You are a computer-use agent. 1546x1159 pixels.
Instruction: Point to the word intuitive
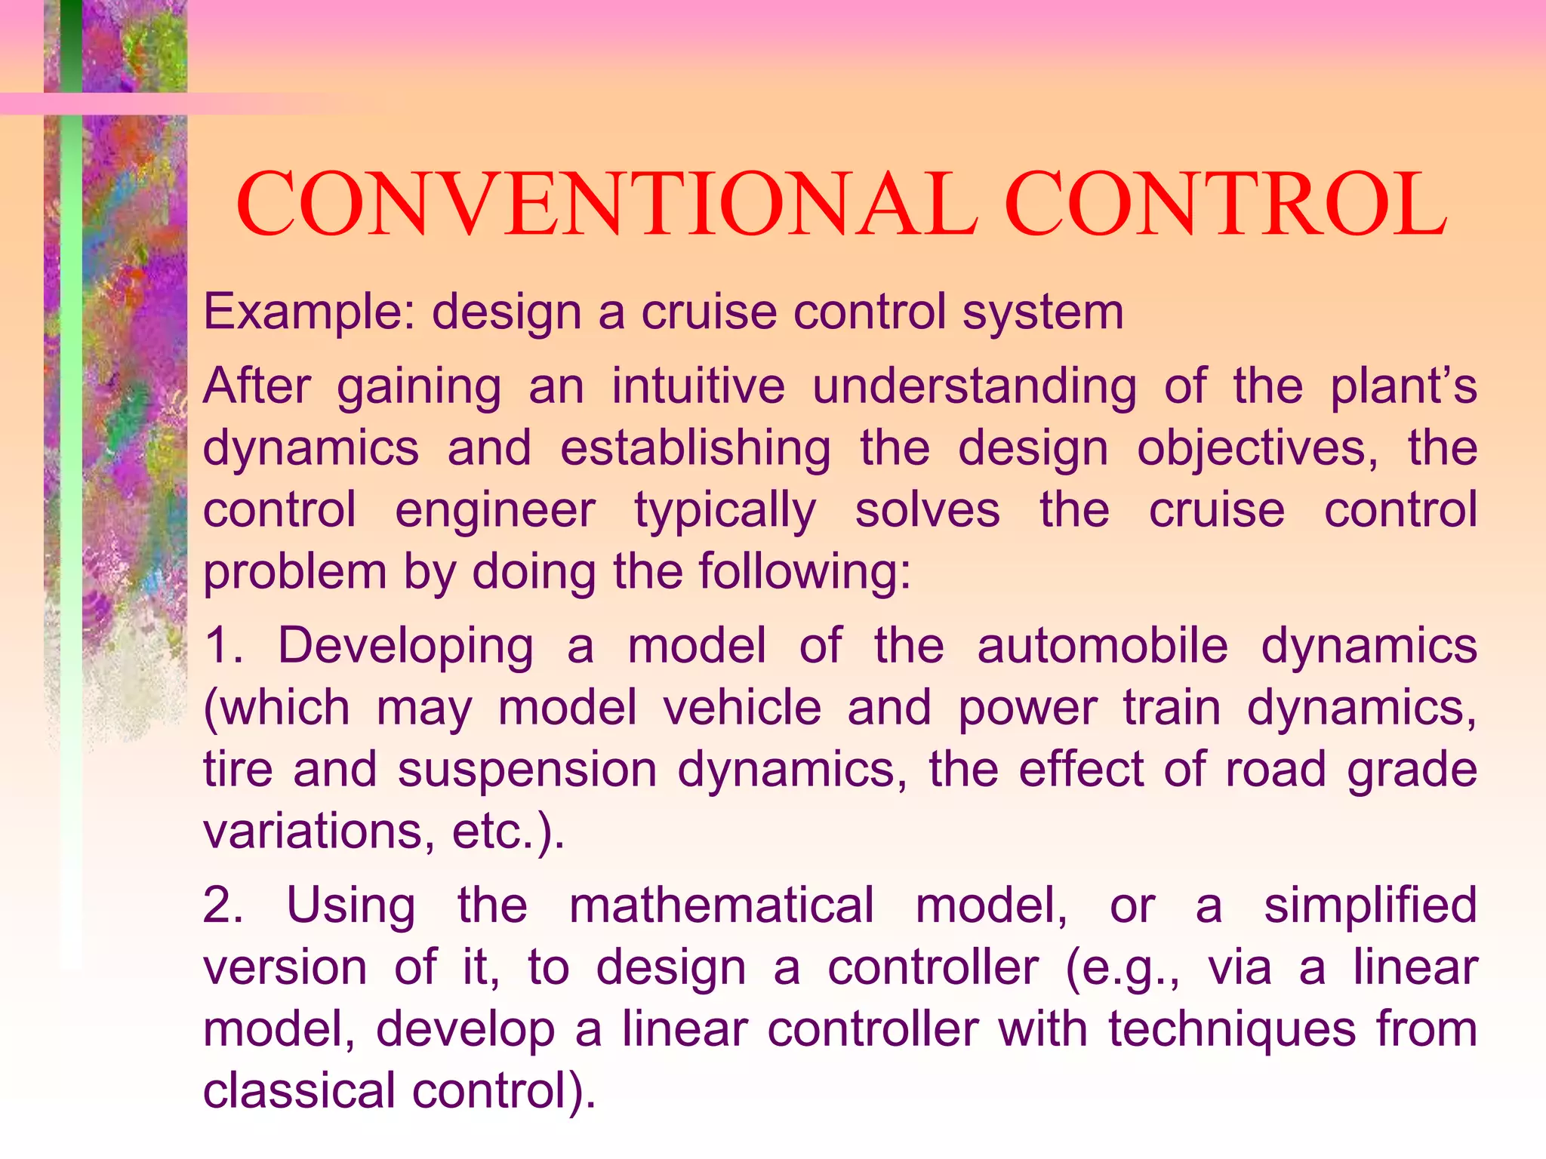698,386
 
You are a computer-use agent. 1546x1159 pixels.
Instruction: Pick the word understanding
974,386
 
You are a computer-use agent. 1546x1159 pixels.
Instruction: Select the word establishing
695,448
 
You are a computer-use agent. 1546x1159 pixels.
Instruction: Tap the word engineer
495,510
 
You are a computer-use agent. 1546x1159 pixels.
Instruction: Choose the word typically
725,510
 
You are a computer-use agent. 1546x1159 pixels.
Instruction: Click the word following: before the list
805,571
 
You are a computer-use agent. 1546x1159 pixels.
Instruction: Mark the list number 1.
223,646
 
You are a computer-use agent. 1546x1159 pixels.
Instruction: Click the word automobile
1102,646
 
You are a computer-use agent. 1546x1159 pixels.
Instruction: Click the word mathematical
722,905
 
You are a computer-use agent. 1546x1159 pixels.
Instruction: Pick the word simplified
1370,905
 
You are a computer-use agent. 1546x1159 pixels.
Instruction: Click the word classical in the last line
299,1091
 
